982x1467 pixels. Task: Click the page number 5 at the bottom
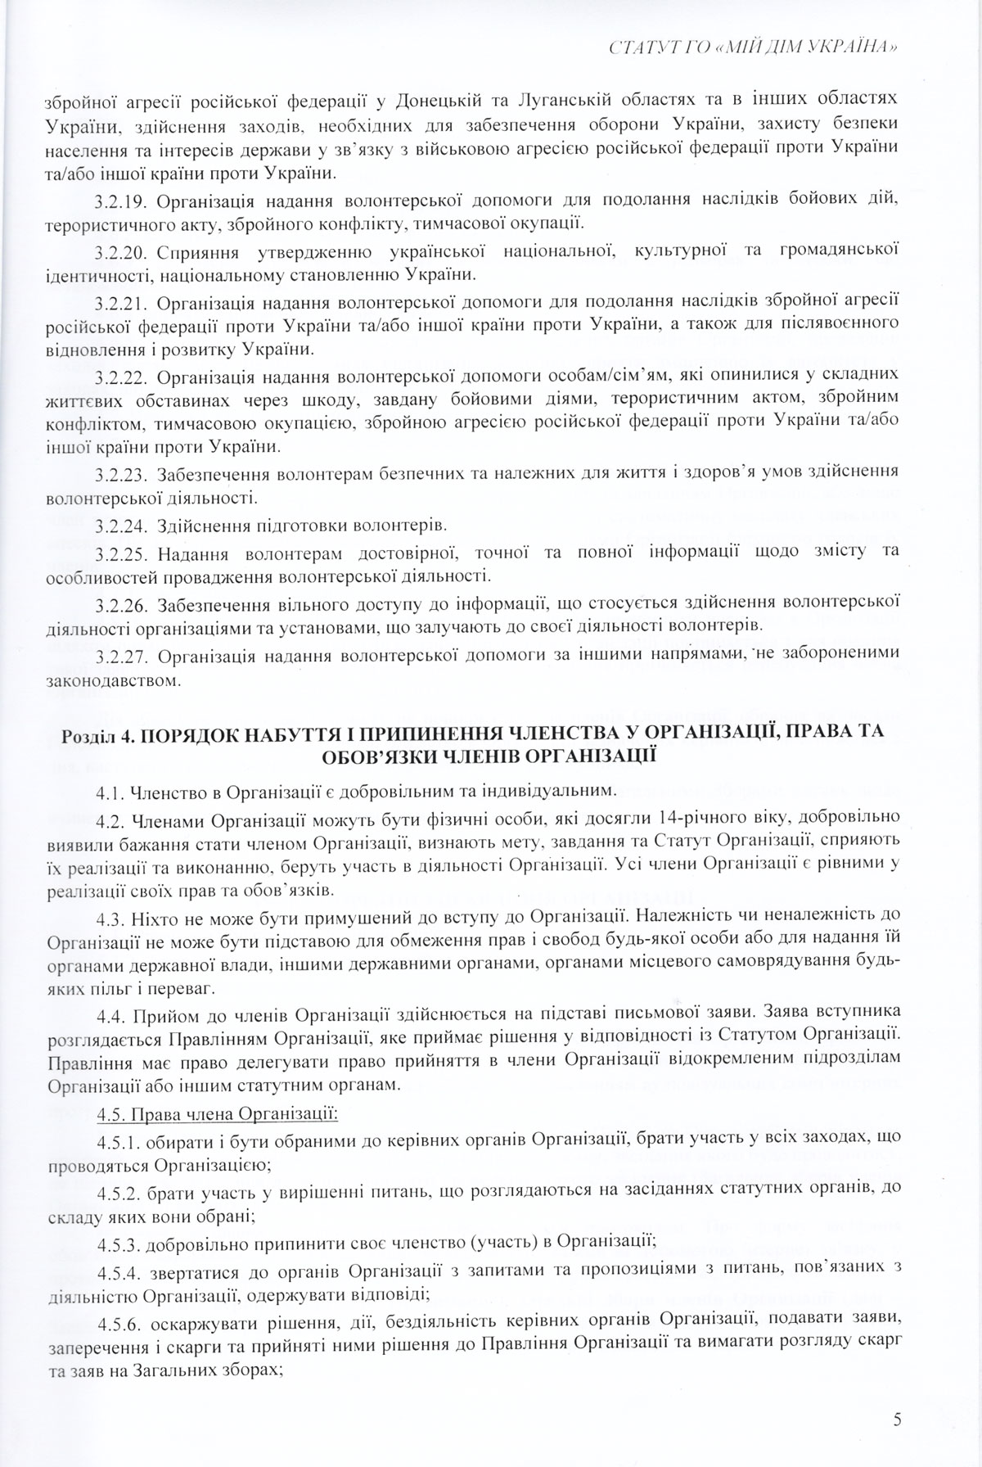[898, 1420]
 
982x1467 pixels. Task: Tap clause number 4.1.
[109, 792]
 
